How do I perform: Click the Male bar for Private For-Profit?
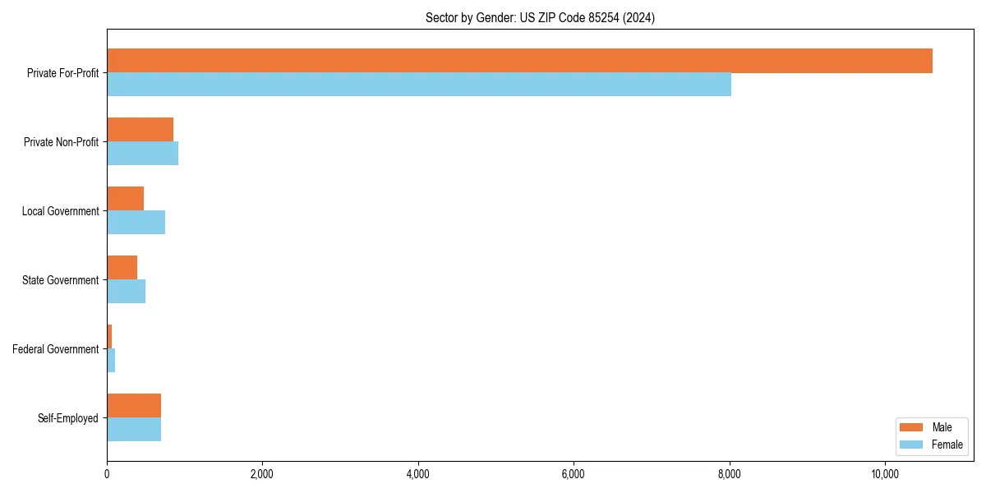519,61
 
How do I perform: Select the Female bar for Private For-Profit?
419,85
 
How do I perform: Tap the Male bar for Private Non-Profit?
140,130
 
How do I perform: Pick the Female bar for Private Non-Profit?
142,154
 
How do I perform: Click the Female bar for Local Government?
136,223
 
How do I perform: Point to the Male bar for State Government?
122,268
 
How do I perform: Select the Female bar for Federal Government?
111,361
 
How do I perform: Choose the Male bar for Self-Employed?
134,406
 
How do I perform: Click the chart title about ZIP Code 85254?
540,17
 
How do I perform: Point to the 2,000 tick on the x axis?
262,474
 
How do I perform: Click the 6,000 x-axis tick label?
574,474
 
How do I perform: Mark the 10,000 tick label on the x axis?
885,474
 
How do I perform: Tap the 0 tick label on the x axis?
107,474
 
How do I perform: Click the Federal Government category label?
56,349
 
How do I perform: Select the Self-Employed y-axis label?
68,418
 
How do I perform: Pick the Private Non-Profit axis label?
62,142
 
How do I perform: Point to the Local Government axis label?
61,211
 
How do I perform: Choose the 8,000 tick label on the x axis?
730,474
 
